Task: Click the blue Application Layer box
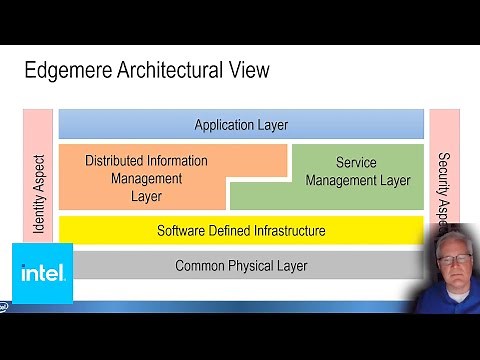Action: [241, 124]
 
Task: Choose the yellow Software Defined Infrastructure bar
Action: [241, 230]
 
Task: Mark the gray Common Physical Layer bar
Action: [241, 265]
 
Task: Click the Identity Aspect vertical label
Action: [39, 193]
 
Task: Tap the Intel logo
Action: [42, 273]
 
